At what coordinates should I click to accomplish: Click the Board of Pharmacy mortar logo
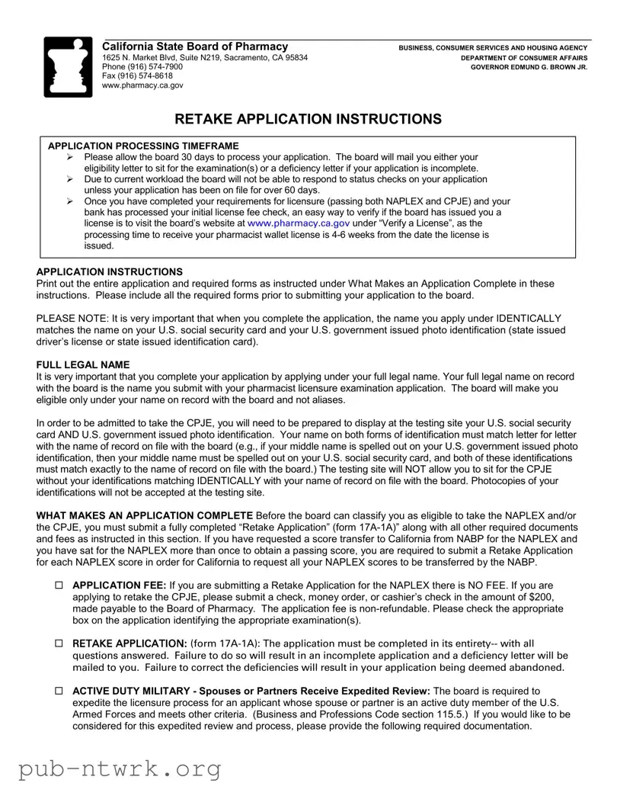pos(69,66)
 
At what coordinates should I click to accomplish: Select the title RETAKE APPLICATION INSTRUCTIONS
pos(308,119)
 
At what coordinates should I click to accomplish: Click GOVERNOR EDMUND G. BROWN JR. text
pos(529,67)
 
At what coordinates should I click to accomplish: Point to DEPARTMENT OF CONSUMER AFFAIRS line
pos(523,58)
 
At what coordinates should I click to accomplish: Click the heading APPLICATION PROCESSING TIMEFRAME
pos(143,146)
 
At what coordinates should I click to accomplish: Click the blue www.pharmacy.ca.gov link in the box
pos(298,223)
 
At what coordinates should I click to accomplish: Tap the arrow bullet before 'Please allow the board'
pos(69,156)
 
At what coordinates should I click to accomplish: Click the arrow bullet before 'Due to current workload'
pos(69,179)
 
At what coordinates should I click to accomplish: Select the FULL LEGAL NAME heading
pos(83,365)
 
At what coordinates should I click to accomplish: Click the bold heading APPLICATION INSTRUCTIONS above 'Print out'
pos(110,272)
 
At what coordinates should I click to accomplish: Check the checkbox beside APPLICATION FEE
pos(59,586)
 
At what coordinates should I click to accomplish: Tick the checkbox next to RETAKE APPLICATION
pos(59,644)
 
